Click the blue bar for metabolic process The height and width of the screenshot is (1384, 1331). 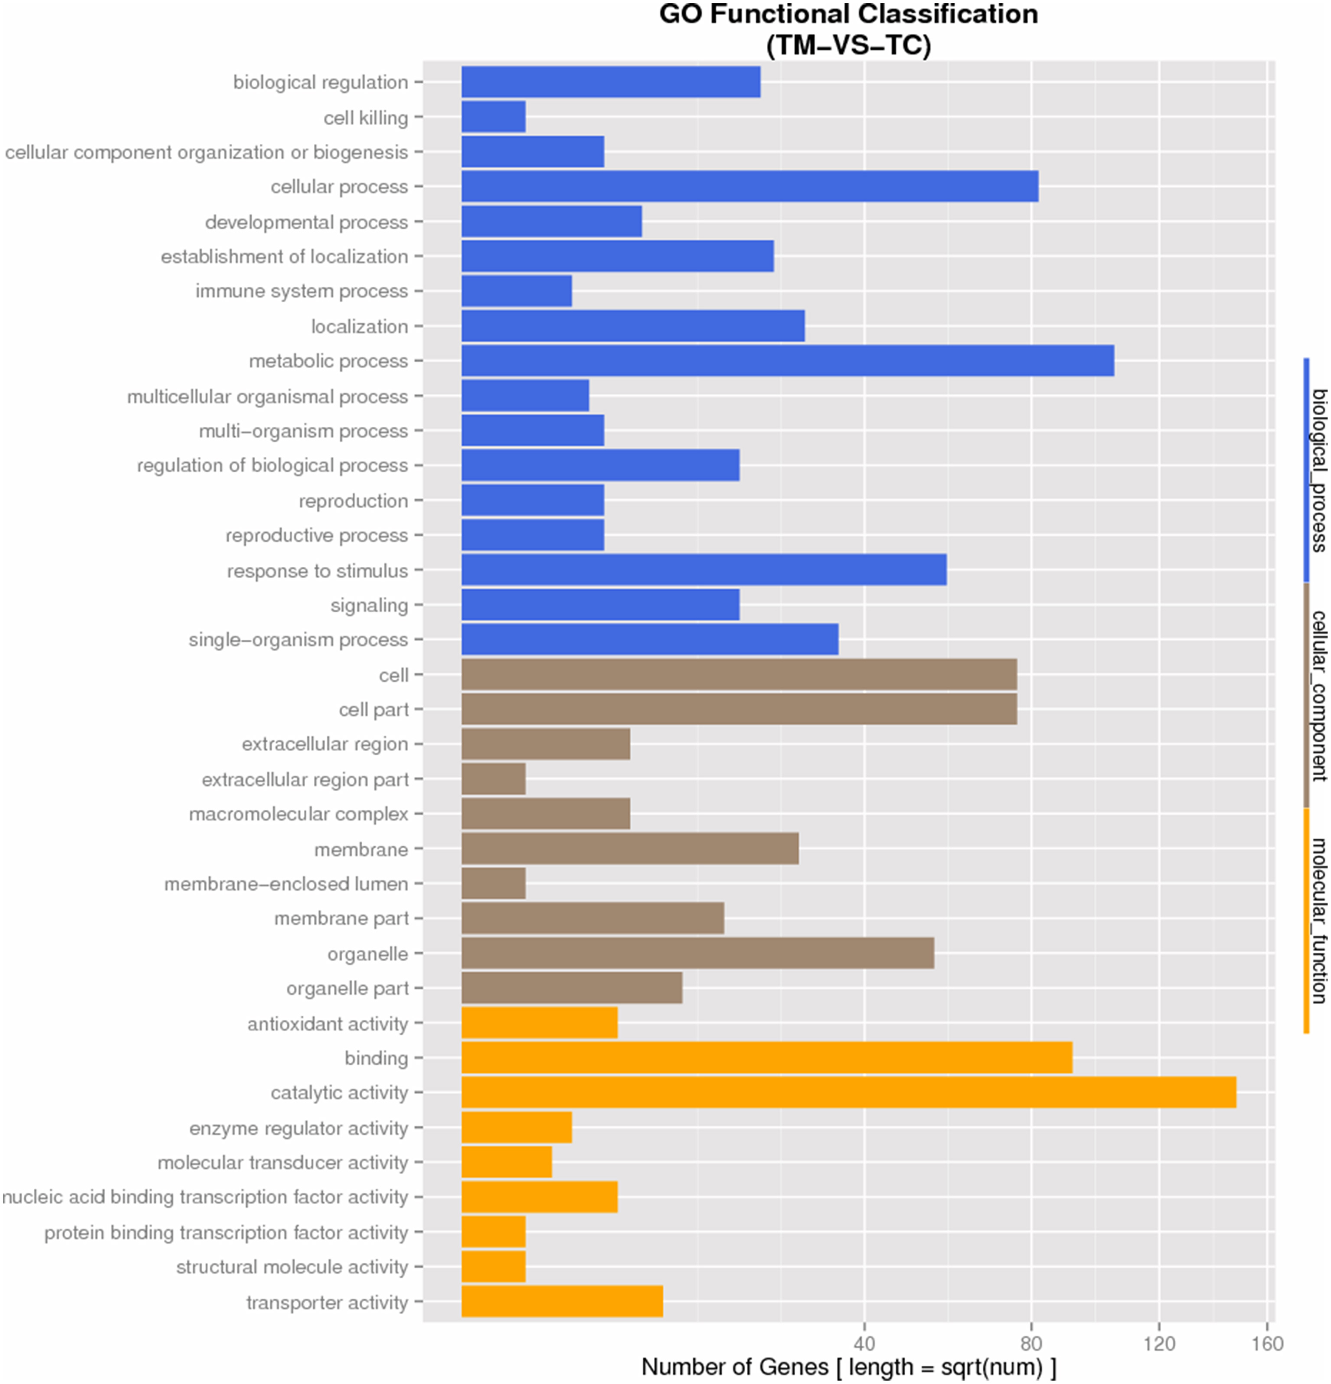787,361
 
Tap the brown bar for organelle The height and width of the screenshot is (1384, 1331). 698,953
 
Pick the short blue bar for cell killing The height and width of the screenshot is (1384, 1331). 493,116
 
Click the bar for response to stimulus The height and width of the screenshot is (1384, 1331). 704,570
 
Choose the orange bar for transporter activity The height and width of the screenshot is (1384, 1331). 562,1302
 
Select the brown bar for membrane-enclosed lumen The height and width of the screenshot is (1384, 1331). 493,884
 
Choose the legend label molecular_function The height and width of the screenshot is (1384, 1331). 1318,920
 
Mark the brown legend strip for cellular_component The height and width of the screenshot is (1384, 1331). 1306,695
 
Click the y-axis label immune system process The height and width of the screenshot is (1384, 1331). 302,291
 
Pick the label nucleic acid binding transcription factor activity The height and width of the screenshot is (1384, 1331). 205,1197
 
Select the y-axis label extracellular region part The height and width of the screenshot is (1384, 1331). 305,779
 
